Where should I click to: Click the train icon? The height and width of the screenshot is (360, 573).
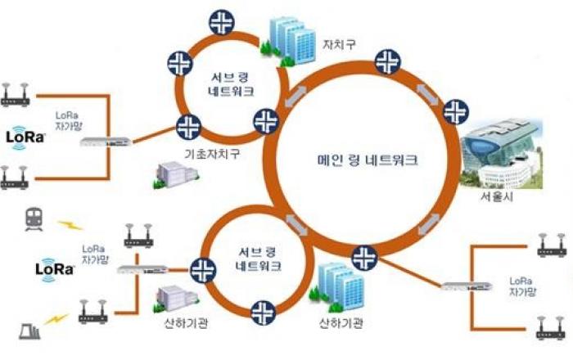[33, 218]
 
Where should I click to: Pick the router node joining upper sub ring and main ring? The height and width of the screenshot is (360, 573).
[265, 121]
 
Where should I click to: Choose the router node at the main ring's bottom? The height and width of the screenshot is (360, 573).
[362, 257]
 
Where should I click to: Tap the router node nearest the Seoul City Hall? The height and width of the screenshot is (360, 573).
[453, 109]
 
